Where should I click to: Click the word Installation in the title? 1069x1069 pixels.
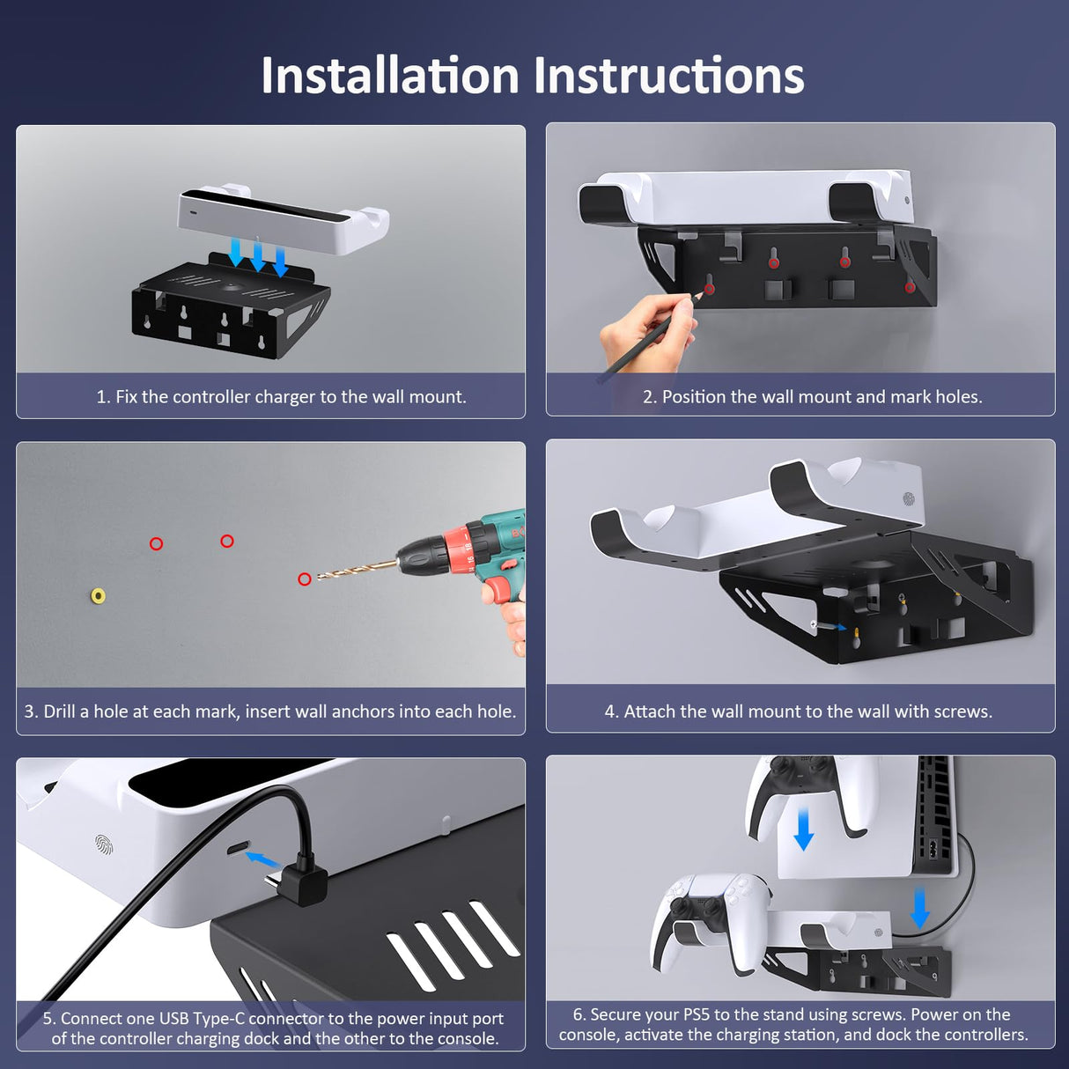389,76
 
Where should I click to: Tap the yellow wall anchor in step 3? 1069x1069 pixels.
99,596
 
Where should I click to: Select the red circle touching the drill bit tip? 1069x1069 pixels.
305,579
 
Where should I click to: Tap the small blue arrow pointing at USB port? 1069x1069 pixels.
261,859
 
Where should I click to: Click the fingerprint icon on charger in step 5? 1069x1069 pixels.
105,845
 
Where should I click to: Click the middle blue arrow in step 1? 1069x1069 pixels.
258,254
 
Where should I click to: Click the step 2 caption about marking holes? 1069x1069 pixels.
812,397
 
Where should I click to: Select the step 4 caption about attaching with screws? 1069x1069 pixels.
798,711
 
